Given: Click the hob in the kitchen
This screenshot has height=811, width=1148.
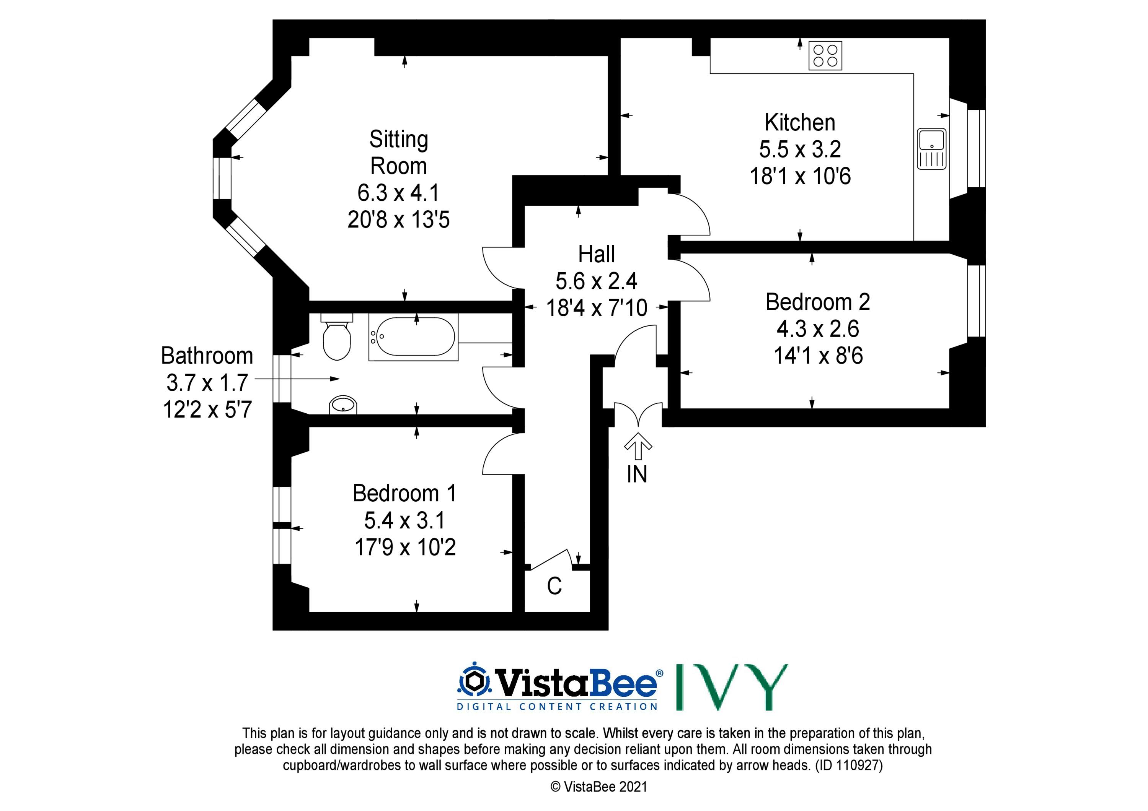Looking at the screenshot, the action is (x=825, y=55).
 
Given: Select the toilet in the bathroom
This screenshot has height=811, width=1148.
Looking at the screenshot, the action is (x=336, y=337).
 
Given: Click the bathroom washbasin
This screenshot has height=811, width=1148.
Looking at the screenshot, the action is (x=343, y=405).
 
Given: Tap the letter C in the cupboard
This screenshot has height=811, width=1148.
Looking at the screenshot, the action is (x=554, y=586).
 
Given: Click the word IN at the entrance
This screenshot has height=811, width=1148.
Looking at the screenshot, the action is (x=637, y=474).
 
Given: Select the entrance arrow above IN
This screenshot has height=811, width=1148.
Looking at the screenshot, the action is (x=638, y=445).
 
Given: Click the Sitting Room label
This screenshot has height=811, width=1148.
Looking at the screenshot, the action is (x=398, y=153).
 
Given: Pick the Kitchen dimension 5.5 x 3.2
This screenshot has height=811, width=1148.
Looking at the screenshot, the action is (x=800, y=149).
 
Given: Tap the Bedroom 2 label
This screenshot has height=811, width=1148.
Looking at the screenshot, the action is (x=818, y=302).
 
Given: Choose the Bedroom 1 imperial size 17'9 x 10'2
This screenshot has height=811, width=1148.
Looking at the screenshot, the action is (x=405, y=547).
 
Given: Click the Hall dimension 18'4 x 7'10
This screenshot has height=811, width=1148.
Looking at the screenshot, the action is (x=597, y=308).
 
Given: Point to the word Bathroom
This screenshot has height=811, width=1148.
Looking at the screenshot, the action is (x=207, y=356).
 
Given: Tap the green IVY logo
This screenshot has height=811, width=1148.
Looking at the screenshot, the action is (x=732, y=687).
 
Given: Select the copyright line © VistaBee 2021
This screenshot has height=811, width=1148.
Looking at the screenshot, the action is (x=598, y=787).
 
